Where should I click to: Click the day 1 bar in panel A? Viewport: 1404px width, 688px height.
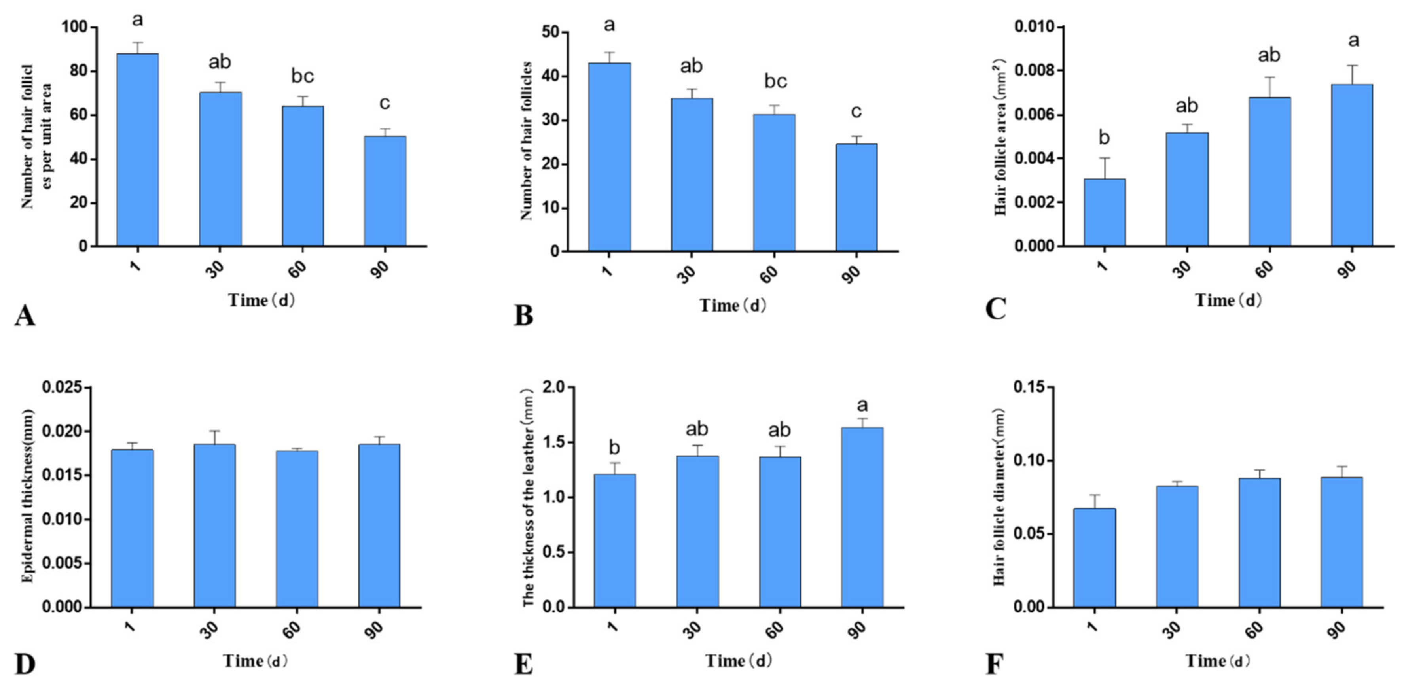pyautogui.click(x=137, y=150)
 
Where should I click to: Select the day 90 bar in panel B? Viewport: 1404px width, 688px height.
pyautogui.click(x=856, y=197)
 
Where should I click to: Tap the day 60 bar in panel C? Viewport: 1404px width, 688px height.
pyautogui.click(x=1269, y=172)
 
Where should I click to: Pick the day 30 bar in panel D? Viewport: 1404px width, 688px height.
pyautogui.click(x=214, y=525)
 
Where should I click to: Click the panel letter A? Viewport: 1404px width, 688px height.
pyautogui.click(x=25, y=316)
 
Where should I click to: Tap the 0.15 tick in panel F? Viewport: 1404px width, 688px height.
pyautogui.click(x=1029, y=387)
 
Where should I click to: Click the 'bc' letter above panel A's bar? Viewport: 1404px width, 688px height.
pyautogui.click(x=303, y=76)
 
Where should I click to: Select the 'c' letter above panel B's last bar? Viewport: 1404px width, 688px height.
pyautogui.click(x=856, y=112)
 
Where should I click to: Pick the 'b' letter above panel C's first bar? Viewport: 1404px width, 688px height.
pyautogui.click(x=1104, y=138)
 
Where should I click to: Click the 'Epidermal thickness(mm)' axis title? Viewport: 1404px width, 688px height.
pyautogui.click(x=28, y=496)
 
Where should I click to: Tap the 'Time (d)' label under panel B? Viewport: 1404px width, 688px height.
pyautogui.click(x=733, y=306)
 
